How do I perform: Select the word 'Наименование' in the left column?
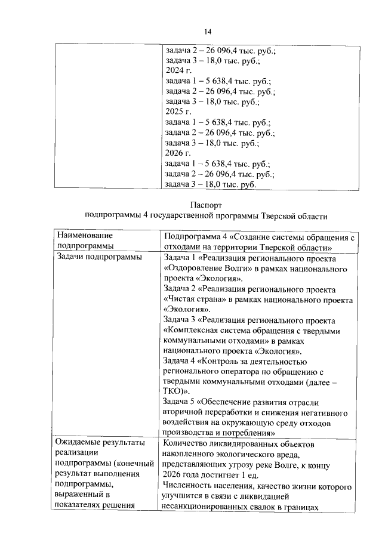84,236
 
